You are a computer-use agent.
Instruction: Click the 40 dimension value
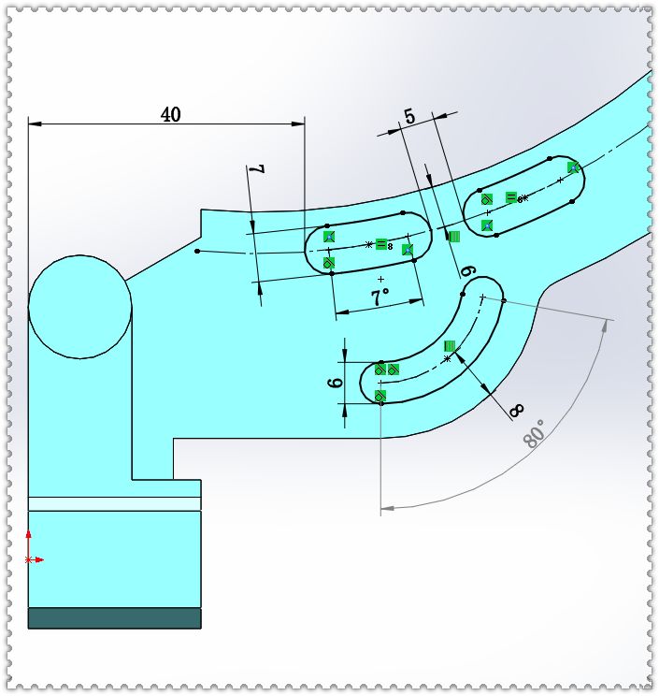click(170, 114)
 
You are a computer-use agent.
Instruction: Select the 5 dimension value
click(408, 117)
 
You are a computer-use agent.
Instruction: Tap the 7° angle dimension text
click(380, 298)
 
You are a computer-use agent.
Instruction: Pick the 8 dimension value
click(515, 409)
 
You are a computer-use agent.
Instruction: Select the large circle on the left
click(80, 307)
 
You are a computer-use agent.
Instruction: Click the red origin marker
click(29, 558)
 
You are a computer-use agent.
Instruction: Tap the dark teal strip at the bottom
click(114, 617)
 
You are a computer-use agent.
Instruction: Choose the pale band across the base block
click(114, 503)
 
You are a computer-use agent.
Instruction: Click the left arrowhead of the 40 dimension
click(35, 122)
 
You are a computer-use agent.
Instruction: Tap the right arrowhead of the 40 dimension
click(299, 122)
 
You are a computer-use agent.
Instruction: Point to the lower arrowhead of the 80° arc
click(387, 509)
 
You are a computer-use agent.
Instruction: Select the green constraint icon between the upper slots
click(454, 237)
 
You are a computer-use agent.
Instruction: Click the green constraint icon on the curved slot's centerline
click(450, 346)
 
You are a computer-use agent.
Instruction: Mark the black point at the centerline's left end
click(197, 251)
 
